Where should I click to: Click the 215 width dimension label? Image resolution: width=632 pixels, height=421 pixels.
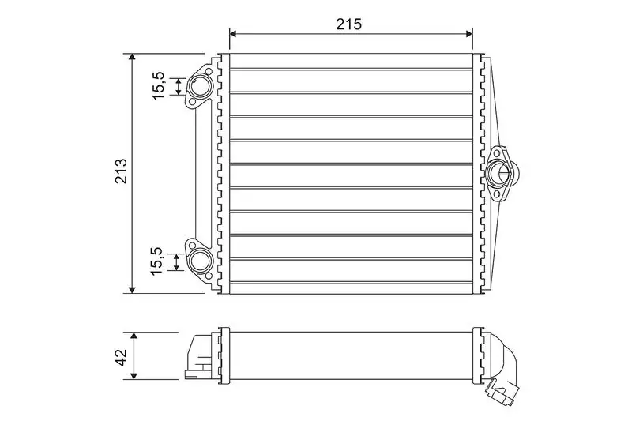point(350,23)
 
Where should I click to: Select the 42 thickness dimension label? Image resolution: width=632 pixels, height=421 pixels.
point(121,355)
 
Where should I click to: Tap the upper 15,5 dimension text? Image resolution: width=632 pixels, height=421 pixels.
point(158,85)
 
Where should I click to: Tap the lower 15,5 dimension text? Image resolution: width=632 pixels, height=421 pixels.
point(158,261)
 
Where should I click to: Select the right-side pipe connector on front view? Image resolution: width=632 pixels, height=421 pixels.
point(499,171)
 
